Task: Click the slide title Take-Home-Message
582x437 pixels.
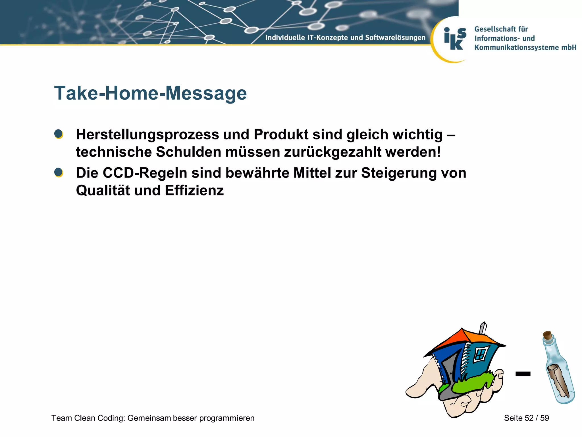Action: point(150,93)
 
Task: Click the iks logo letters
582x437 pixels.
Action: point(455,39)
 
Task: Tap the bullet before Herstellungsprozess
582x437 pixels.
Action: point(59,134)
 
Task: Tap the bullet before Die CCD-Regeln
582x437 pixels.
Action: point(59,172)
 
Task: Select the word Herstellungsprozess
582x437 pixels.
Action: point(147,135)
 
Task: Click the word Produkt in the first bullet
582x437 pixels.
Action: point(281,134)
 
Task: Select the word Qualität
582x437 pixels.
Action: point(103,190)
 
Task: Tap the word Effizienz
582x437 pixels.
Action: point(194,190)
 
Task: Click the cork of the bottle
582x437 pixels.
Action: point(548,336)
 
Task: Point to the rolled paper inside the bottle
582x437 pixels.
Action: point(558,380)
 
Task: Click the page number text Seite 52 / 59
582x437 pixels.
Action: point(526,418)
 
